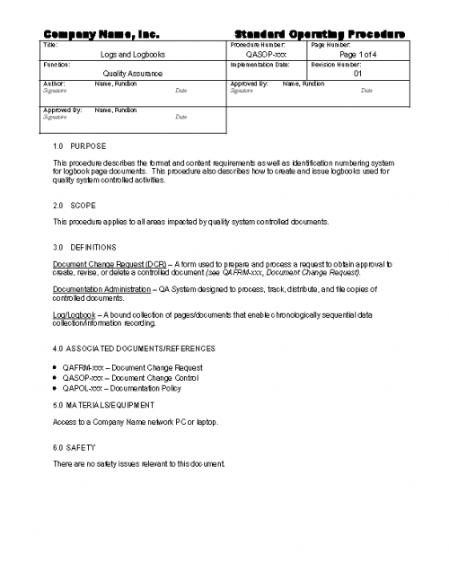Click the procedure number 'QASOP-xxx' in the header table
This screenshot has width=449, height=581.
click(266, 55)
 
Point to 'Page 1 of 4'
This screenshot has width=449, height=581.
click(358, 55)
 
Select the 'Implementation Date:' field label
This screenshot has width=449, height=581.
click(260, 65)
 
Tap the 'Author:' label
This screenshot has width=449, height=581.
click(54, 84)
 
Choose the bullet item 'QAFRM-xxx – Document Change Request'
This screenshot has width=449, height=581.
click(132, 367)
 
